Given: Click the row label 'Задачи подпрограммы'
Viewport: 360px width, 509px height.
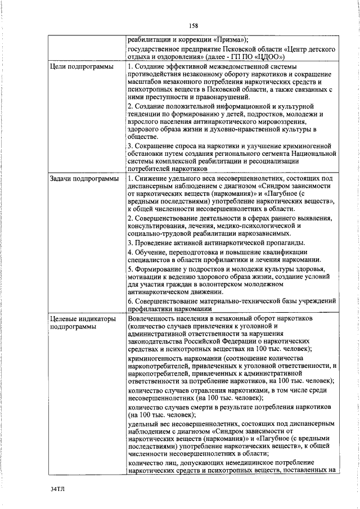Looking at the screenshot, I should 84,179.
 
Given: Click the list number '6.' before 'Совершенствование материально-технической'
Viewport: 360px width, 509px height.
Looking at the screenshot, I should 131,302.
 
